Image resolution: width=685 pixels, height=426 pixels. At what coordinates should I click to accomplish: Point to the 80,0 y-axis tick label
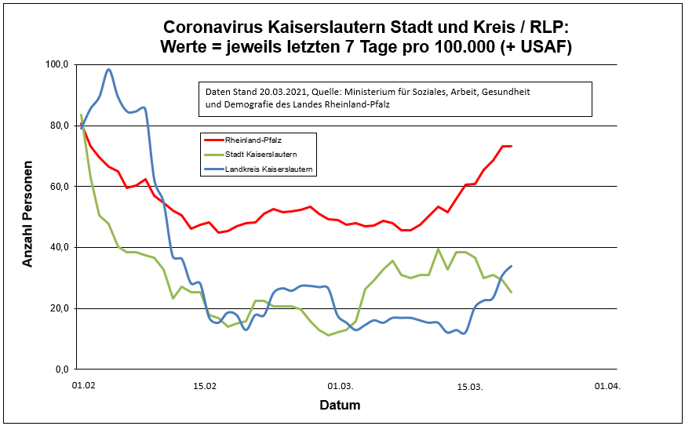(x=60, y=126)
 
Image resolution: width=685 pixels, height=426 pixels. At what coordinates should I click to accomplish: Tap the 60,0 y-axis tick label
(x=60, y=187)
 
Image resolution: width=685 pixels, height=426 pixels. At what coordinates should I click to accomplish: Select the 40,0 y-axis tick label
(x=60, y=247)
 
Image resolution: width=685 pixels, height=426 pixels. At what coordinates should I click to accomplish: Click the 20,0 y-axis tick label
(x=60, y=308)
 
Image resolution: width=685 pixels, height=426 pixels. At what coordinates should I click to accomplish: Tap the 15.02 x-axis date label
(x=205, y=386)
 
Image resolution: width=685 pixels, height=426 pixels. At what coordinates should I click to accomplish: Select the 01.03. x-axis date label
(x=340, y=386)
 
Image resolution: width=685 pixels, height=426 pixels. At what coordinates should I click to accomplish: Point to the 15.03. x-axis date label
(x=470, y=386)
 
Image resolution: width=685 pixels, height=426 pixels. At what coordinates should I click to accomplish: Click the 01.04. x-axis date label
(x=607, y=386)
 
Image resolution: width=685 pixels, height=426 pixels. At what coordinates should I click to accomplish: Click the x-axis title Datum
(x=340, y=406)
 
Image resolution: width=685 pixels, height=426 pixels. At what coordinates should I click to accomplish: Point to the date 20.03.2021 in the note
(x=282, y=92)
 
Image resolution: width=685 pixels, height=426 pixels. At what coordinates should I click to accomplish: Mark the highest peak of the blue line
(x=108, y=70)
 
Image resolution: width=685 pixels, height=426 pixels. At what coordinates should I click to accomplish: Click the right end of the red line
(x=511, y=146)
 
